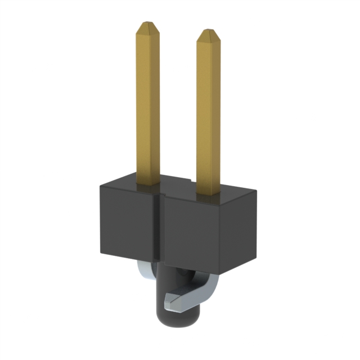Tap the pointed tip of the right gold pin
[207, 31]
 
